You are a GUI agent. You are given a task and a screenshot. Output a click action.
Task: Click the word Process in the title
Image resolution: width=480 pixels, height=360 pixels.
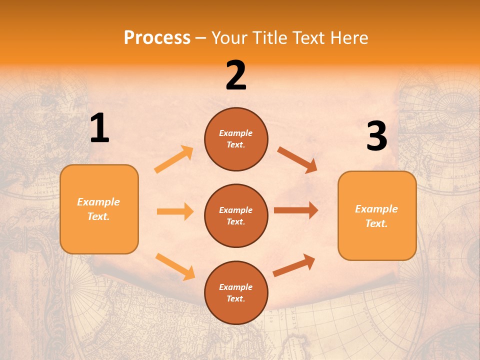point(157,37)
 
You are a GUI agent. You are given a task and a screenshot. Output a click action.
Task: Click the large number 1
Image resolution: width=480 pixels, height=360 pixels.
point(99,128)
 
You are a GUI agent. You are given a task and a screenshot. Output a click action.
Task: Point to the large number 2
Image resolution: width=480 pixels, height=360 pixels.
point(236,75)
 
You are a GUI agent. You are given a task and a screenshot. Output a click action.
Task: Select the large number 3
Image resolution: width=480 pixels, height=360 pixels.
point(376,136)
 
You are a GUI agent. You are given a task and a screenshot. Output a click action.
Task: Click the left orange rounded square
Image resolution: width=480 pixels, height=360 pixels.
point(99,209)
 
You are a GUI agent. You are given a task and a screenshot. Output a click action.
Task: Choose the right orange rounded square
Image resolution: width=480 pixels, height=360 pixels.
point(377,216)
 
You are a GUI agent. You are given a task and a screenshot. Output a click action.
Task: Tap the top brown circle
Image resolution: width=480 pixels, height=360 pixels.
point(236,139)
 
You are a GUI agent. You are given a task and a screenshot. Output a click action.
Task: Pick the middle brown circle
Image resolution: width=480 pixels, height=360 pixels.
point(236,215)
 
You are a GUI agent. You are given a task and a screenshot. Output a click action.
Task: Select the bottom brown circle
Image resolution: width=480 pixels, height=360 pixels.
point(236,292)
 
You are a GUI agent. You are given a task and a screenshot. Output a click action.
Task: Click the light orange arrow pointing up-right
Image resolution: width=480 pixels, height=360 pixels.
point(174,159)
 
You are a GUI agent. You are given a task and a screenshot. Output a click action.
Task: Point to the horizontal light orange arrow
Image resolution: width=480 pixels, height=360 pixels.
point(175,211)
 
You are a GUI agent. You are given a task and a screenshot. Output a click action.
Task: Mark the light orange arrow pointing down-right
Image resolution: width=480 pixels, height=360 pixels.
point(175,266)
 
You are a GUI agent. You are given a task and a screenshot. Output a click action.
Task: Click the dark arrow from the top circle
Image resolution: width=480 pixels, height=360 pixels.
point(297,159)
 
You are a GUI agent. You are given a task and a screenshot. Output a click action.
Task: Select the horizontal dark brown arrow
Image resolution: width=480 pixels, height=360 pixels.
point(296,210)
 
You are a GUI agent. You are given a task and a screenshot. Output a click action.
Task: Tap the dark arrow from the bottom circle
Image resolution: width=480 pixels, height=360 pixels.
point(294,265)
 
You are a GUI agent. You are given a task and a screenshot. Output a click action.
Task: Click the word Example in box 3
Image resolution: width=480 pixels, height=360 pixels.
point(376,209)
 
